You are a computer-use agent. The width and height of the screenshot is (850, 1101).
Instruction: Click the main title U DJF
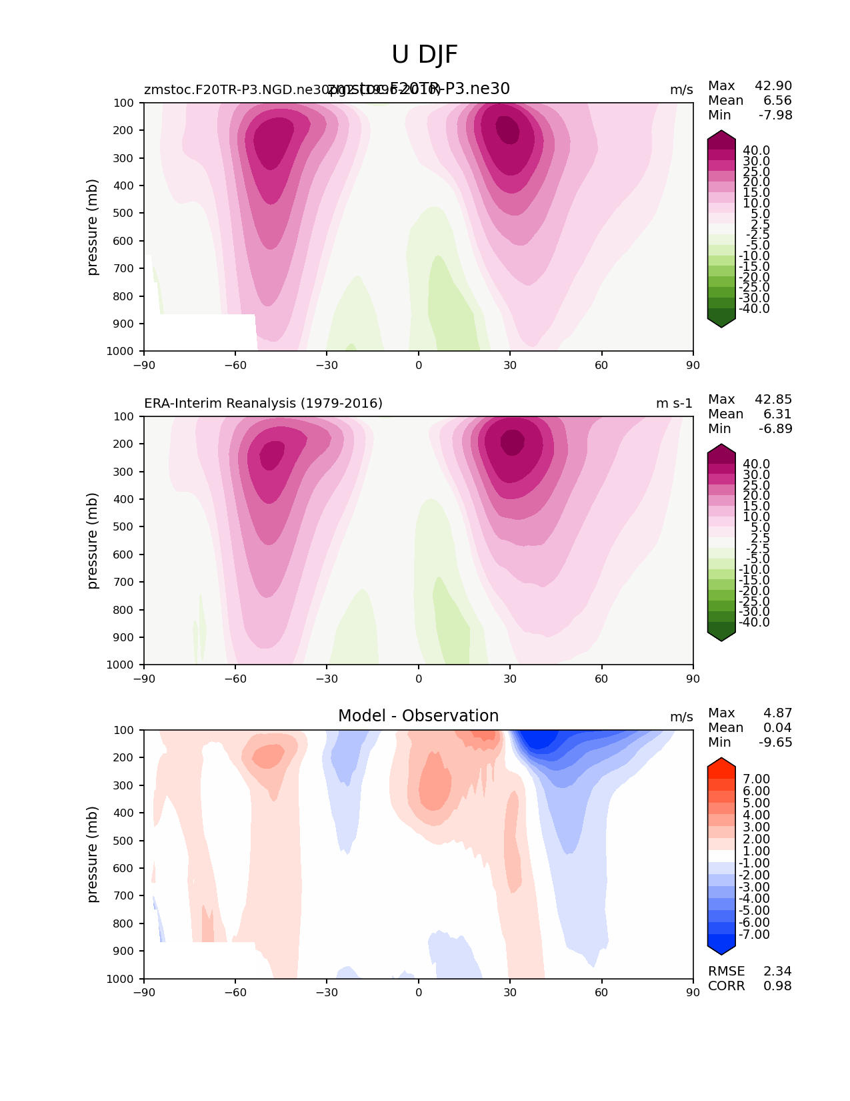coord(425,55)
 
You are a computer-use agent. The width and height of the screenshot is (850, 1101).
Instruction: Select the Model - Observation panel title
coord(418,716)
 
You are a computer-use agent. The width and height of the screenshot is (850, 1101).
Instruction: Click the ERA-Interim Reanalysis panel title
coord(263,403)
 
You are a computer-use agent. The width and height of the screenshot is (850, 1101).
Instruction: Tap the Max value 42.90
coord(773,86)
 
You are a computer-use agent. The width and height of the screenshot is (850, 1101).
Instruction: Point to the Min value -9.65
coord(775,743)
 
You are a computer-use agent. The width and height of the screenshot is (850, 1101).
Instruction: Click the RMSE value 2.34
coord(777,972)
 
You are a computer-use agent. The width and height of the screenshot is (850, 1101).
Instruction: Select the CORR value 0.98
coord(777,986)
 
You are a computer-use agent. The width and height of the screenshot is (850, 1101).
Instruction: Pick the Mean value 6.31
coord(778,414)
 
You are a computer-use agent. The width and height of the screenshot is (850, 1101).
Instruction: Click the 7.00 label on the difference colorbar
coord(756,779)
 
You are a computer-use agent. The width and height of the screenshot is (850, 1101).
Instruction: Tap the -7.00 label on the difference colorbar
coord(754,935)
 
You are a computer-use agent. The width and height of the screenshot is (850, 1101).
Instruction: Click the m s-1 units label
coord(674,404)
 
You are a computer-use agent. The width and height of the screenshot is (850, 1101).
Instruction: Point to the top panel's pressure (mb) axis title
coord(93,227)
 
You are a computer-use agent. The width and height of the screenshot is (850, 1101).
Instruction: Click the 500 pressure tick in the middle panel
coord(125,527)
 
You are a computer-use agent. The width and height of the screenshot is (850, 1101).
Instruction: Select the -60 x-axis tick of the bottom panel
coord(235,992)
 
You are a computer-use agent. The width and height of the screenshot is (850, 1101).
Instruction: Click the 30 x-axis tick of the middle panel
coord(510,679)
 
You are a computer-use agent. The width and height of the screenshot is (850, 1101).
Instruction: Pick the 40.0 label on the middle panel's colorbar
coord(756,464)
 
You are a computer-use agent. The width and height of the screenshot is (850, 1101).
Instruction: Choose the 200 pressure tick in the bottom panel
coord(125,758)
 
